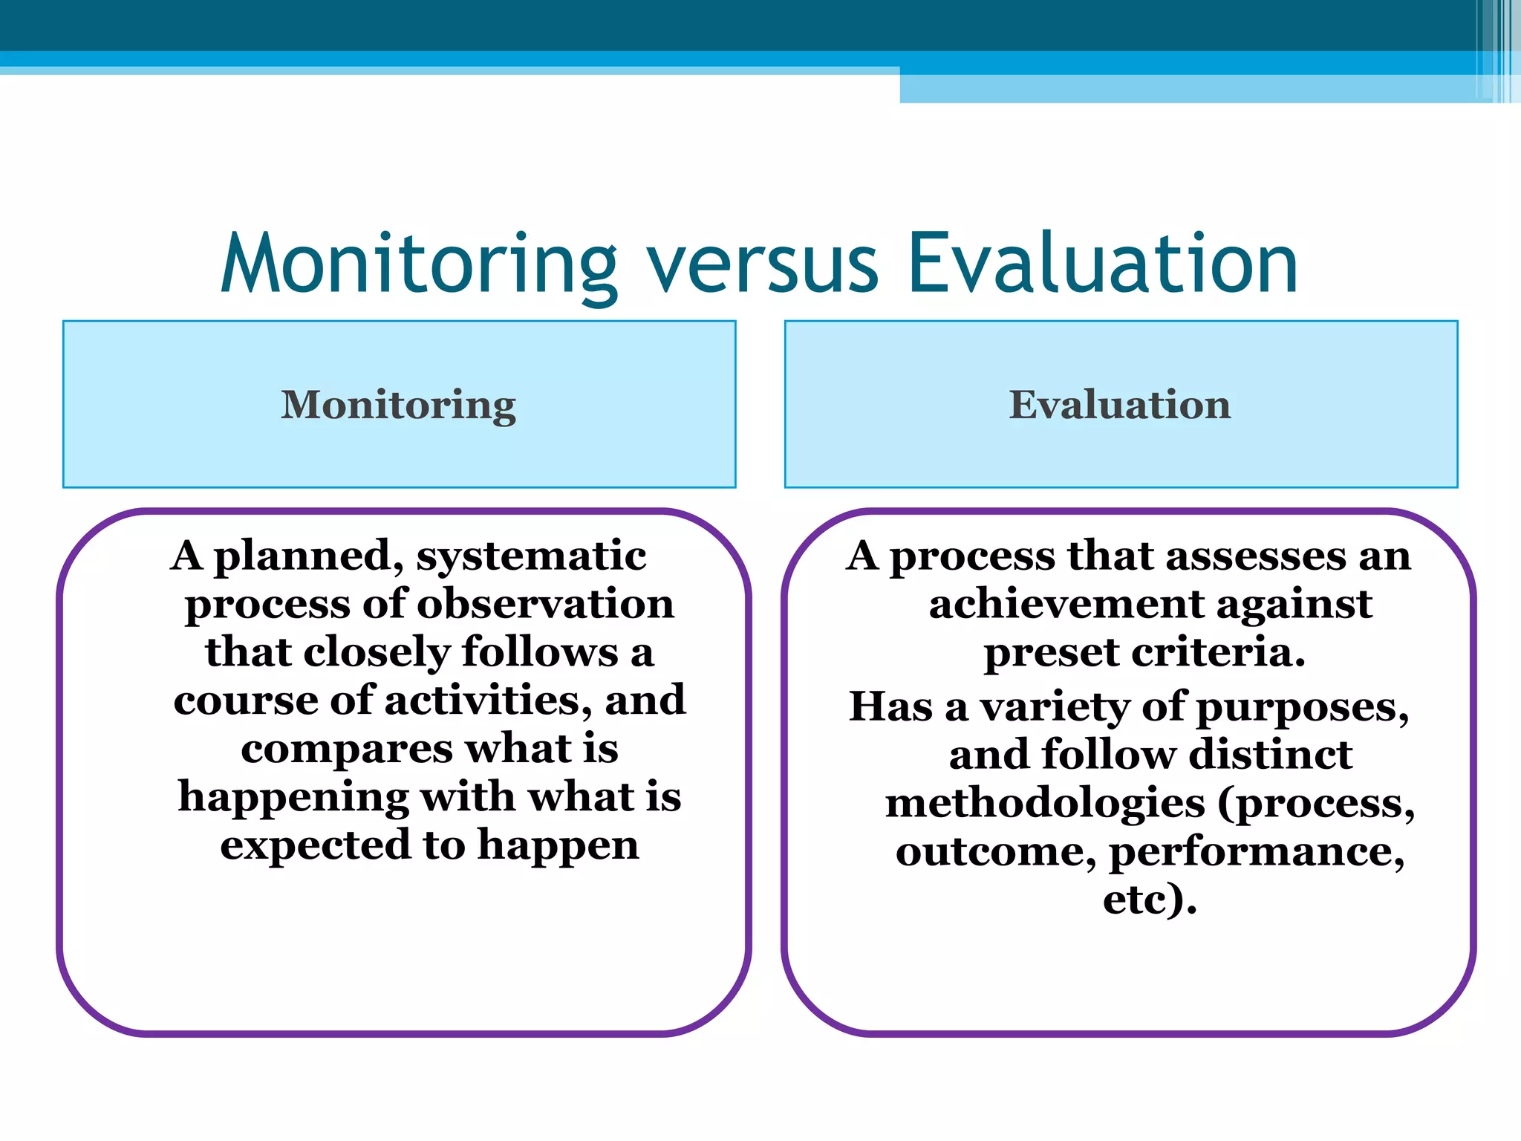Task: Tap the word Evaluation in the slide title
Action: point(1103,264)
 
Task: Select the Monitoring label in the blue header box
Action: point(399,406)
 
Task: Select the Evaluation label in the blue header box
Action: point(1120,405)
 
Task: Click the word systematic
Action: point(531,556)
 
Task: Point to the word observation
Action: point(546,604)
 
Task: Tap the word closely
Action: point(377,653)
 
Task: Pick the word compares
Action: point(346,750)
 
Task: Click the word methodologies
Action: point(1045,804)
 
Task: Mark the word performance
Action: point(1257,852)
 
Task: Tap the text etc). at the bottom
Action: point(1150,900)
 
